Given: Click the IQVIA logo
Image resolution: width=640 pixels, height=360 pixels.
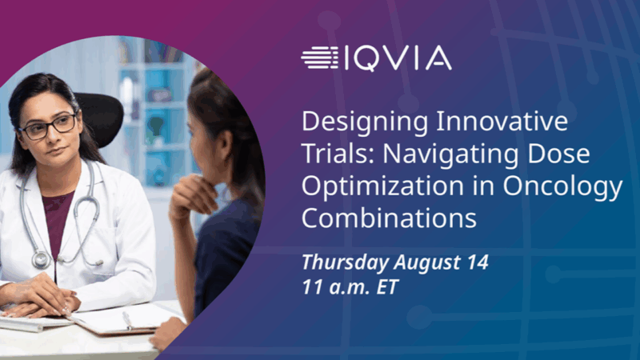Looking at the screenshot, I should tap(376, 58).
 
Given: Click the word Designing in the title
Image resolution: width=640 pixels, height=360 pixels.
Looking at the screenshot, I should tap(351, 125).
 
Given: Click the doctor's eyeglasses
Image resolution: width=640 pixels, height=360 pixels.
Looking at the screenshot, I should tap(50, 126).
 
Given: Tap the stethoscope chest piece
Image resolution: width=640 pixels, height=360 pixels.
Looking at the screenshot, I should tap(41, 259).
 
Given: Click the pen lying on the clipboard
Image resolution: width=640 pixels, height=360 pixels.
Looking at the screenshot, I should tap(126, 320).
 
